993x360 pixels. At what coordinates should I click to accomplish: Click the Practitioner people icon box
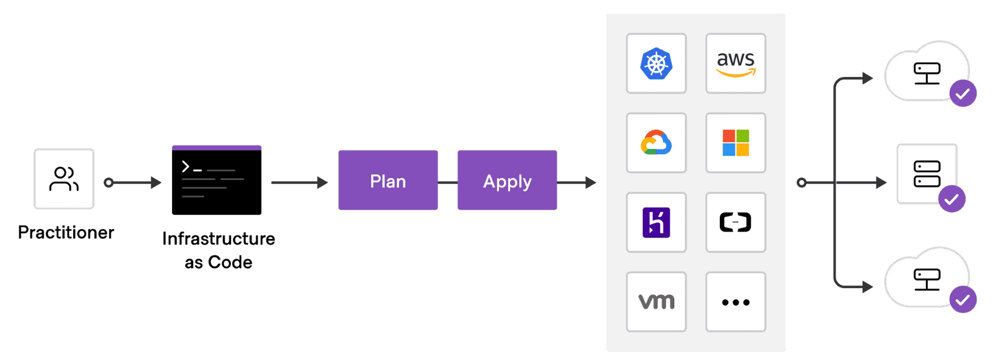[64, 179]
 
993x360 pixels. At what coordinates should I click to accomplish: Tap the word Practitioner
[66, 232]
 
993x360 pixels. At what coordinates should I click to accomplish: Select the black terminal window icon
[217, 181]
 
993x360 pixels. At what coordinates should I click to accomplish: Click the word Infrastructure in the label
[218, 238]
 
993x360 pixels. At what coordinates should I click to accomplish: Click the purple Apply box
[507, 181]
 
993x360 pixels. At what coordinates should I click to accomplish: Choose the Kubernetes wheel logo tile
[656, 63]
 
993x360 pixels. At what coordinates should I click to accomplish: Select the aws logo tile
[735, 63]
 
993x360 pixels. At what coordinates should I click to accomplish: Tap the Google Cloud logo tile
[656, 143]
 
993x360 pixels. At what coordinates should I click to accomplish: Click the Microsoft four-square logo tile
[735, 143]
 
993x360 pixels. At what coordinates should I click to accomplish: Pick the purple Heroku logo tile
[656, 222]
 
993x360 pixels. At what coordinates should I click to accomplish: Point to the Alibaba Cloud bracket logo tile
[735, 222]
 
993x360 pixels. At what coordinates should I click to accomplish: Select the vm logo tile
[656, 302]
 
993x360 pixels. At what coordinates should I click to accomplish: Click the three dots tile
[735, 302]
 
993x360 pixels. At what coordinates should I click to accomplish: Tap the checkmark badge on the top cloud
[963, 94]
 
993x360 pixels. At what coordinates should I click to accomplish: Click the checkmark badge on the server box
[951, 199]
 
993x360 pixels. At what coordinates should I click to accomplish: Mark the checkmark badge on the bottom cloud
[963, 300]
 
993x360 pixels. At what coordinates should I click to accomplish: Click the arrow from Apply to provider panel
[577, 182]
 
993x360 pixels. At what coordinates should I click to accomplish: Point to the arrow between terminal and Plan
[300, 182]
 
